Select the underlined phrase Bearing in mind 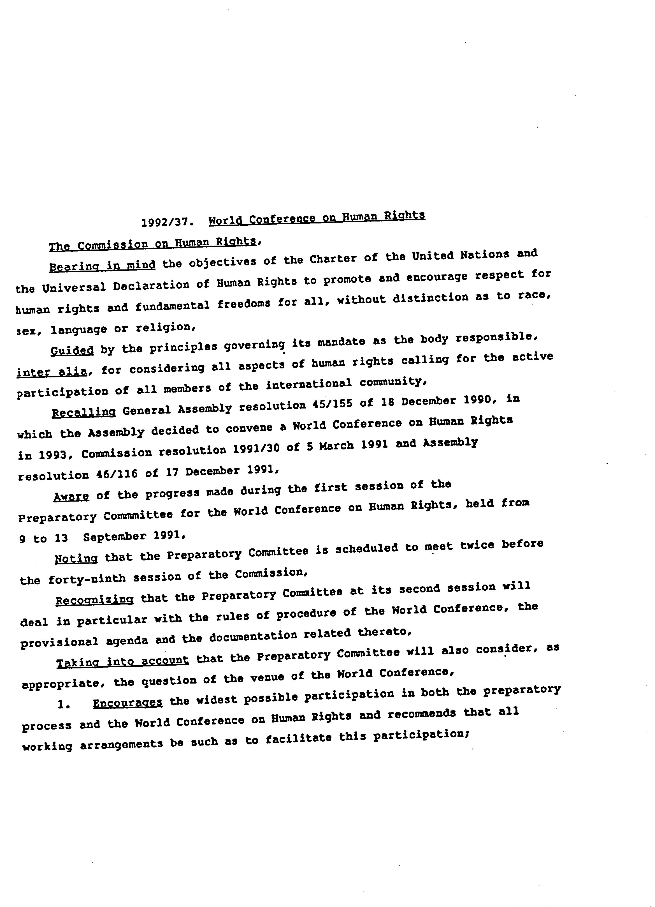pyautogui.click(x=102, y=266)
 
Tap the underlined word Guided pyautogui.click(x=72, y=350)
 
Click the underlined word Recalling pyautogui.click(x=84, y=412)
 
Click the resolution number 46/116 pyautogui.click(x=117, y=474)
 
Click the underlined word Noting pyautogui.click(x=76, y=558)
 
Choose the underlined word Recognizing pyautogui.click(x=94, y=600)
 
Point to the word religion pyautogui.click(x=165, y=328)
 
